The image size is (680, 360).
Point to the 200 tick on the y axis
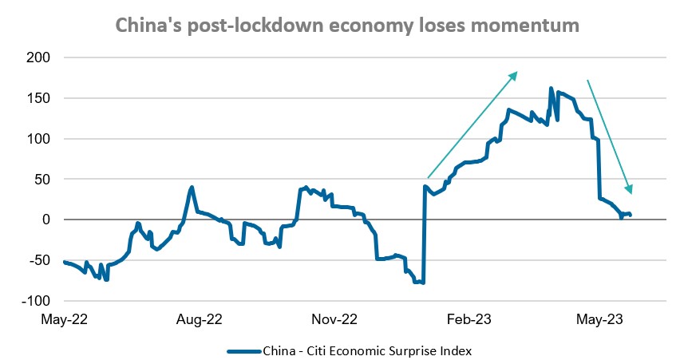pyautogui.click(x=39, y=58)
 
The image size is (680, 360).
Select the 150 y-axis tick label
pyautogui.click(x=39, y=98)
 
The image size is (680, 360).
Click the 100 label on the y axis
pyautogui.click(x=39, y=139)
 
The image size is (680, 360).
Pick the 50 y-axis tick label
pyautogui.click(x=42, y=180)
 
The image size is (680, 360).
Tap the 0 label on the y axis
pyautogui.click(x=46, y=220)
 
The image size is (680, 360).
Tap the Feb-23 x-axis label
pyautogui.click(x=469, y=319)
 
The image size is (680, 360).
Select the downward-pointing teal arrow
pyautogui.click(x=610, y=136)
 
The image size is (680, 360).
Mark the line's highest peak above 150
pyautogui.click(x=552, y=89)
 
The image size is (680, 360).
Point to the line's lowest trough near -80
pyautogui.click(x=422, y=283)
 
